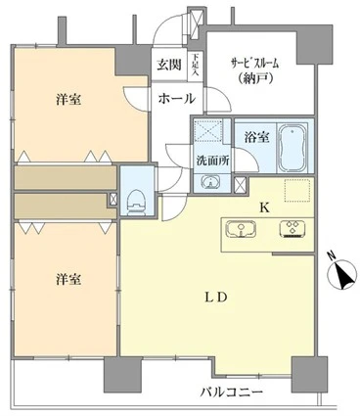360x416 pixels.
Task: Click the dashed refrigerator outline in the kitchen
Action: (x=296, y=192)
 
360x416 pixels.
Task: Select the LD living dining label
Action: (x=217, y=298)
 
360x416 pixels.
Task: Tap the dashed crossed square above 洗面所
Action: (x=207, y=130)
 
